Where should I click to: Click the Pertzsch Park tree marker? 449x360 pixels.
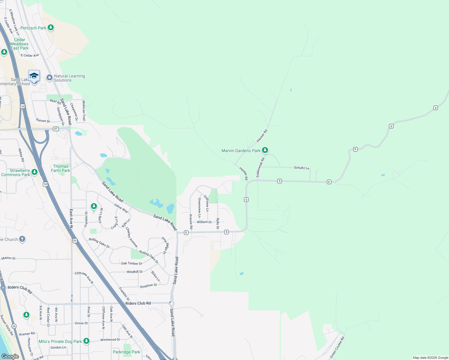coord(51,28)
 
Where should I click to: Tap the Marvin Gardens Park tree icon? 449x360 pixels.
coord(265,150)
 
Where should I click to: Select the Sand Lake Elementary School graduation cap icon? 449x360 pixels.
coord(34,76)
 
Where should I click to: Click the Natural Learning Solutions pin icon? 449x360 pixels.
coord(50,78)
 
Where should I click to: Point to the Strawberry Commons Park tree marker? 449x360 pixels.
coord(35,172)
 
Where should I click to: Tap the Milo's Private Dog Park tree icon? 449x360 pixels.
coord(86,341)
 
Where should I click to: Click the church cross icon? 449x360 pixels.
coord(22,239)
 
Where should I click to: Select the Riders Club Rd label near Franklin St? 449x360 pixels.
coord(138,303)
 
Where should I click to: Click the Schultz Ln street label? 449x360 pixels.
coord(302,168)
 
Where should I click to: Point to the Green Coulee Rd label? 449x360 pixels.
coord(337,347)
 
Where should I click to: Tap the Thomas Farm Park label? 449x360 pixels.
coord(61,168)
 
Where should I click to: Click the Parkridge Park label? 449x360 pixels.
coord(126,352)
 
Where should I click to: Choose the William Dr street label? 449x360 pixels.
coord(204,222)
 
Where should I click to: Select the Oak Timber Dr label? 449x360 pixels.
coord(132,263)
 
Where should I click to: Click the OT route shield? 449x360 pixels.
coord(56,129)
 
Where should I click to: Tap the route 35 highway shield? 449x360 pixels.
coord(14,326)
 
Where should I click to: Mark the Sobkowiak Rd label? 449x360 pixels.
coord(260,167)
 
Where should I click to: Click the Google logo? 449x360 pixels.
coord(10,356)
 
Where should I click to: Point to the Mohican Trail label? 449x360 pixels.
coord(84,110)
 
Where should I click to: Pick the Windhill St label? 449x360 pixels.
coord(134,272)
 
